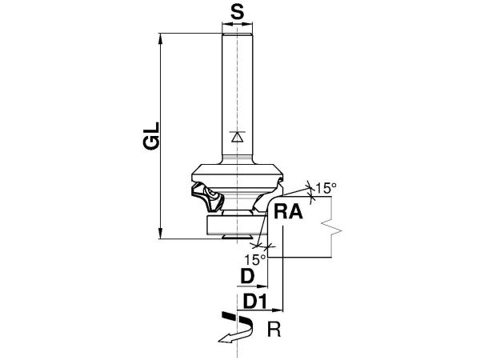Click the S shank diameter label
coord(238,13)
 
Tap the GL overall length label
coord(151,136)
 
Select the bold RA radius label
coord(288,212)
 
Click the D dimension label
coord(247,277)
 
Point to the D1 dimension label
coord(255,302)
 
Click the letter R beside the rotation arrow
coord(274,330)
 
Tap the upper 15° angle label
coord(326,188)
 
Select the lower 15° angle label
coord(254,260)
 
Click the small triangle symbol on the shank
coord(238,137)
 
